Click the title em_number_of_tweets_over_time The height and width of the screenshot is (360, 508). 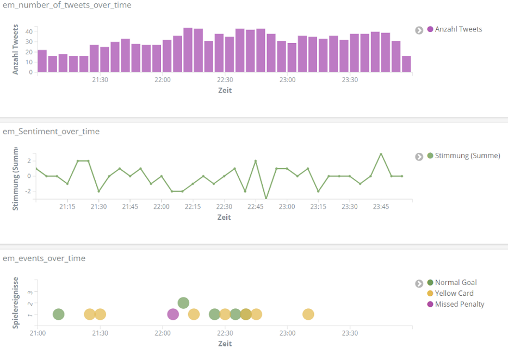[67, 5]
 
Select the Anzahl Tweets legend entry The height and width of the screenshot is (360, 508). [458, 29]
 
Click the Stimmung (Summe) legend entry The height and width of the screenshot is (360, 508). [467, 156]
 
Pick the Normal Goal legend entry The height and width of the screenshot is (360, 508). [455, 283]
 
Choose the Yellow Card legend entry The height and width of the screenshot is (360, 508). [454, 294]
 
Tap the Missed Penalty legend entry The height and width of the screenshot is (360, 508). [459, 305]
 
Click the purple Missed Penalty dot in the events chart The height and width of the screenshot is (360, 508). [173, 314]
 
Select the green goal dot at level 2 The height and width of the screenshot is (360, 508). [183, 303]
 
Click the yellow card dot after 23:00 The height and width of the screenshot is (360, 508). [308, 314]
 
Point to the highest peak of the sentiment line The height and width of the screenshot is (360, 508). [381, 154]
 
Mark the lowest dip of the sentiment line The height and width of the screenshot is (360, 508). [266, 198]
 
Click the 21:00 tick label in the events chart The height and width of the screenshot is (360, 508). [38, 333]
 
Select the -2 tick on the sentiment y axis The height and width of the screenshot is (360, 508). [29, 191]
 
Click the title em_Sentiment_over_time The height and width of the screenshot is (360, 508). [51, 132]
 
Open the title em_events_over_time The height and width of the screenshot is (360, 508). [44, 258]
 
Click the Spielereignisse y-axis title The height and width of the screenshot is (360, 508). [16, 302]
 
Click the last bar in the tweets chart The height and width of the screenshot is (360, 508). [406, 64]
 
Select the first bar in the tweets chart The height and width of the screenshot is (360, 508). [42, 61]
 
